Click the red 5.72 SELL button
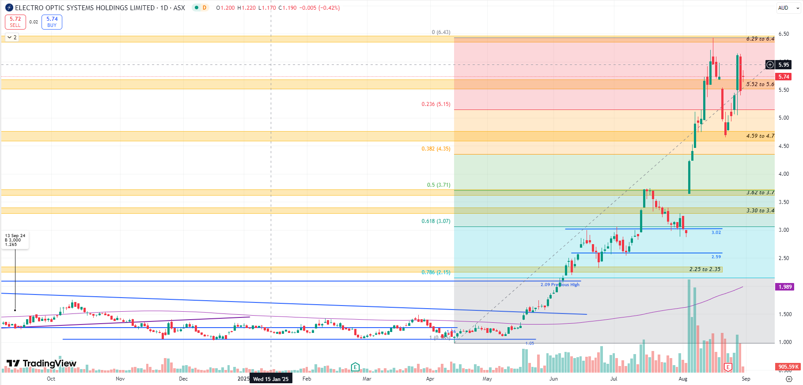click(15, 22)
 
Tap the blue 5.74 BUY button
click(52, 22)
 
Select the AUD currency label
click(783, 8)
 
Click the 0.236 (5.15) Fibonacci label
click(436, 104)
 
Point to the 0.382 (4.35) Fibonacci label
click(436, 149)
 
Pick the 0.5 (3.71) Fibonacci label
click(439, 185)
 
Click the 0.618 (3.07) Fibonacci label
click(436, 221)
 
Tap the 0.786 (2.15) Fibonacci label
click(436, 272)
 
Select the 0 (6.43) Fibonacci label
click(441, 32)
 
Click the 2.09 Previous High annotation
click(560, 285)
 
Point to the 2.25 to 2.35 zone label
click(705, 269)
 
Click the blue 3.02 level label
click(716, 233)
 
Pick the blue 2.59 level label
click(716, 257)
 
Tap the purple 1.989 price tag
click(785, 287)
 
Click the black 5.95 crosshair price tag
click(784, 65)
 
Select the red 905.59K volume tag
click(788, 367)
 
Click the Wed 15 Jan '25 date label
click(271, 379)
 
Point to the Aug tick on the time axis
click(683, 379)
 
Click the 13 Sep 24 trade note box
click(15, 240)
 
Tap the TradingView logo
click(42, 363)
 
